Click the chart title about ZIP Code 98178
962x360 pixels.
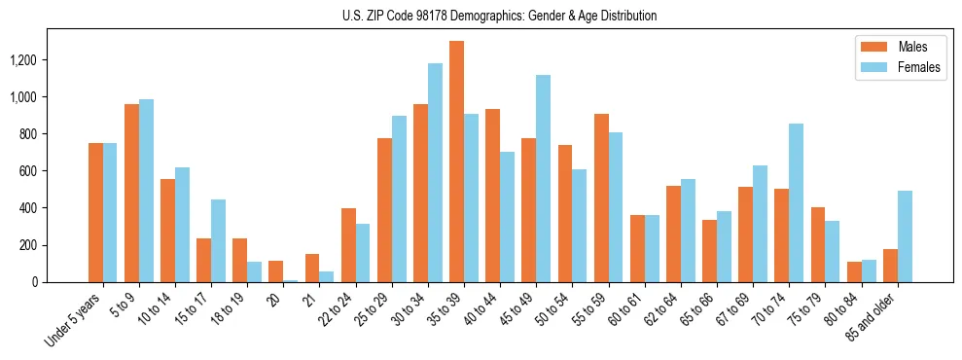[x=499, y=16]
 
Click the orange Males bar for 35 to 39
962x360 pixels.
[x=456, y=162]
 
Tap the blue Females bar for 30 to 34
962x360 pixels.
[x=435, y=173]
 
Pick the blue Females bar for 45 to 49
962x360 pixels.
[x=543, y=179]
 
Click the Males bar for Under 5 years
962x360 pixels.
[x=95, y=213]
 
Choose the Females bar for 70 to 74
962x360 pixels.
[x=796, y=203]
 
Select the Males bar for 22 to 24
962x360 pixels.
[x=348, y=245]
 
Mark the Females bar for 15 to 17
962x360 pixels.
[x=218, y=241]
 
